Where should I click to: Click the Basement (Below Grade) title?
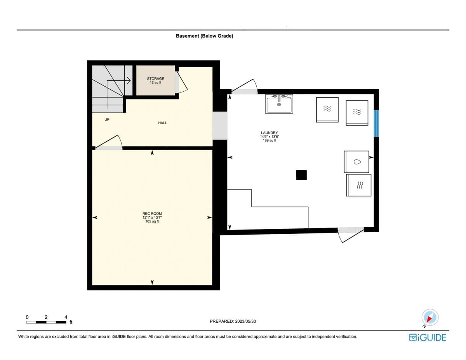[x=204, y=36]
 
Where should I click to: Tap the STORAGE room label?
[x=155, y=79]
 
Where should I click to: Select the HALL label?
[x=162, y=123]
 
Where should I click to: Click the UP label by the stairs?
[x=107, y=120]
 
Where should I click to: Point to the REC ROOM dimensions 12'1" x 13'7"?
[x=152, y=217]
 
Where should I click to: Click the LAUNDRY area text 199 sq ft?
[x=269, y=141]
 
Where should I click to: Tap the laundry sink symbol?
[x=279, y=104]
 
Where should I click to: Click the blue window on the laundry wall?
[x=376, y=123]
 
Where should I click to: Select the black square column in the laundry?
[x=301, y=175]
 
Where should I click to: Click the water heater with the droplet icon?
[x=356, y=162]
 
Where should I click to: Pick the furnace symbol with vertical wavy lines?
[x=359, y=185]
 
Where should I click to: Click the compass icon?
[x=430, y=318]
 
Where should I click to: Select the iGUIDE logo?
[x=428, y=337]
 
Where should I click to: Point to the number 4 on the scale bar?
[x=66, y=317]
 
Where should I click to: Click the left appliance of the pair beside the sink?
[x=327, y=110]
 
